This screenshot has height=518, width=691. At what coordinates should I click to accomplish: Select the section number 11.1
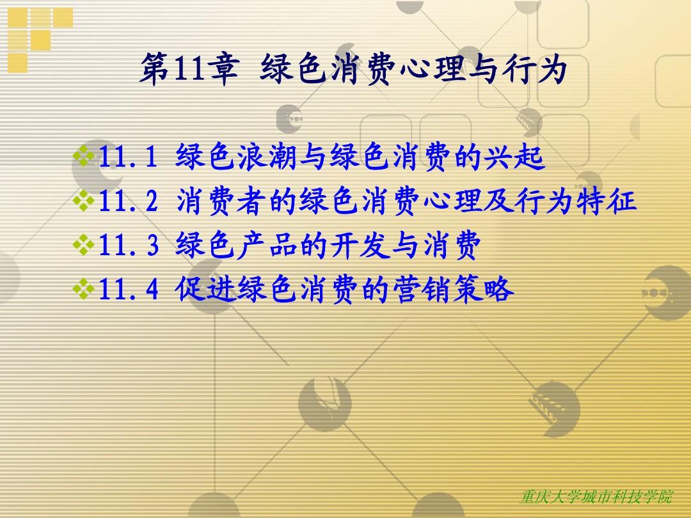point(128,157)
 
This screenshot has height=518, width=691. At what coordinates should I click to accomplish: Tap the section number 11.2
point(128,201)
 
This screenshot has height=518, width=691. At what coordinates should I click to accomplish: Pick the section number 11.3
point(128,245)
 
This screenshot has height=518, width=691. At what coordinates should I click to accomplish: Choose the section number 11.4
point(128,289)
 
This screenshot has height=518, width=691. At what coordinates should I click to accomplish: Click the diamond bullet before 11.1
point(84,156)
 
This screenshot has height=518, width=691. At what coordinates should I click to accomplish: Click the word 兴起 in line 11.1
point(514,157)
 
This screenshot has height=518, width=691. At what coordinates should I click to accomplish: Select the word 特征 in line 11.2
point(608,201)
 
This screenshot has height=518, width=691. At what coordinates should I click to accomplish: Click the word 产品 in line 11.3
point(267,245)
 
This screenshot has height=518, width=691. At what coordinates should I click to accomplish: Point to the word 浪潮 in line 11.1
point(267,157)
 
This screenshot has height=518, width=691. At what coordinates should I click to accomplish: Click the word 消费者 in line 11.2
point(221,201)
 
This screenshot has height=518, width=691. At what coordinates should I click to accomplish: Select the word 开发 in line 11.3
point(360,245)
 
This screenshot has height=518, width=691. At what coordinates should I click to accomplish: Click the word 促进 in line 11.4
point(205,289)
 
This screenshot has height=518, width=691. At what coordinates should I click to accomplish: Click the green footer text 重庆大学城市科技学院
point(596,497)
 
